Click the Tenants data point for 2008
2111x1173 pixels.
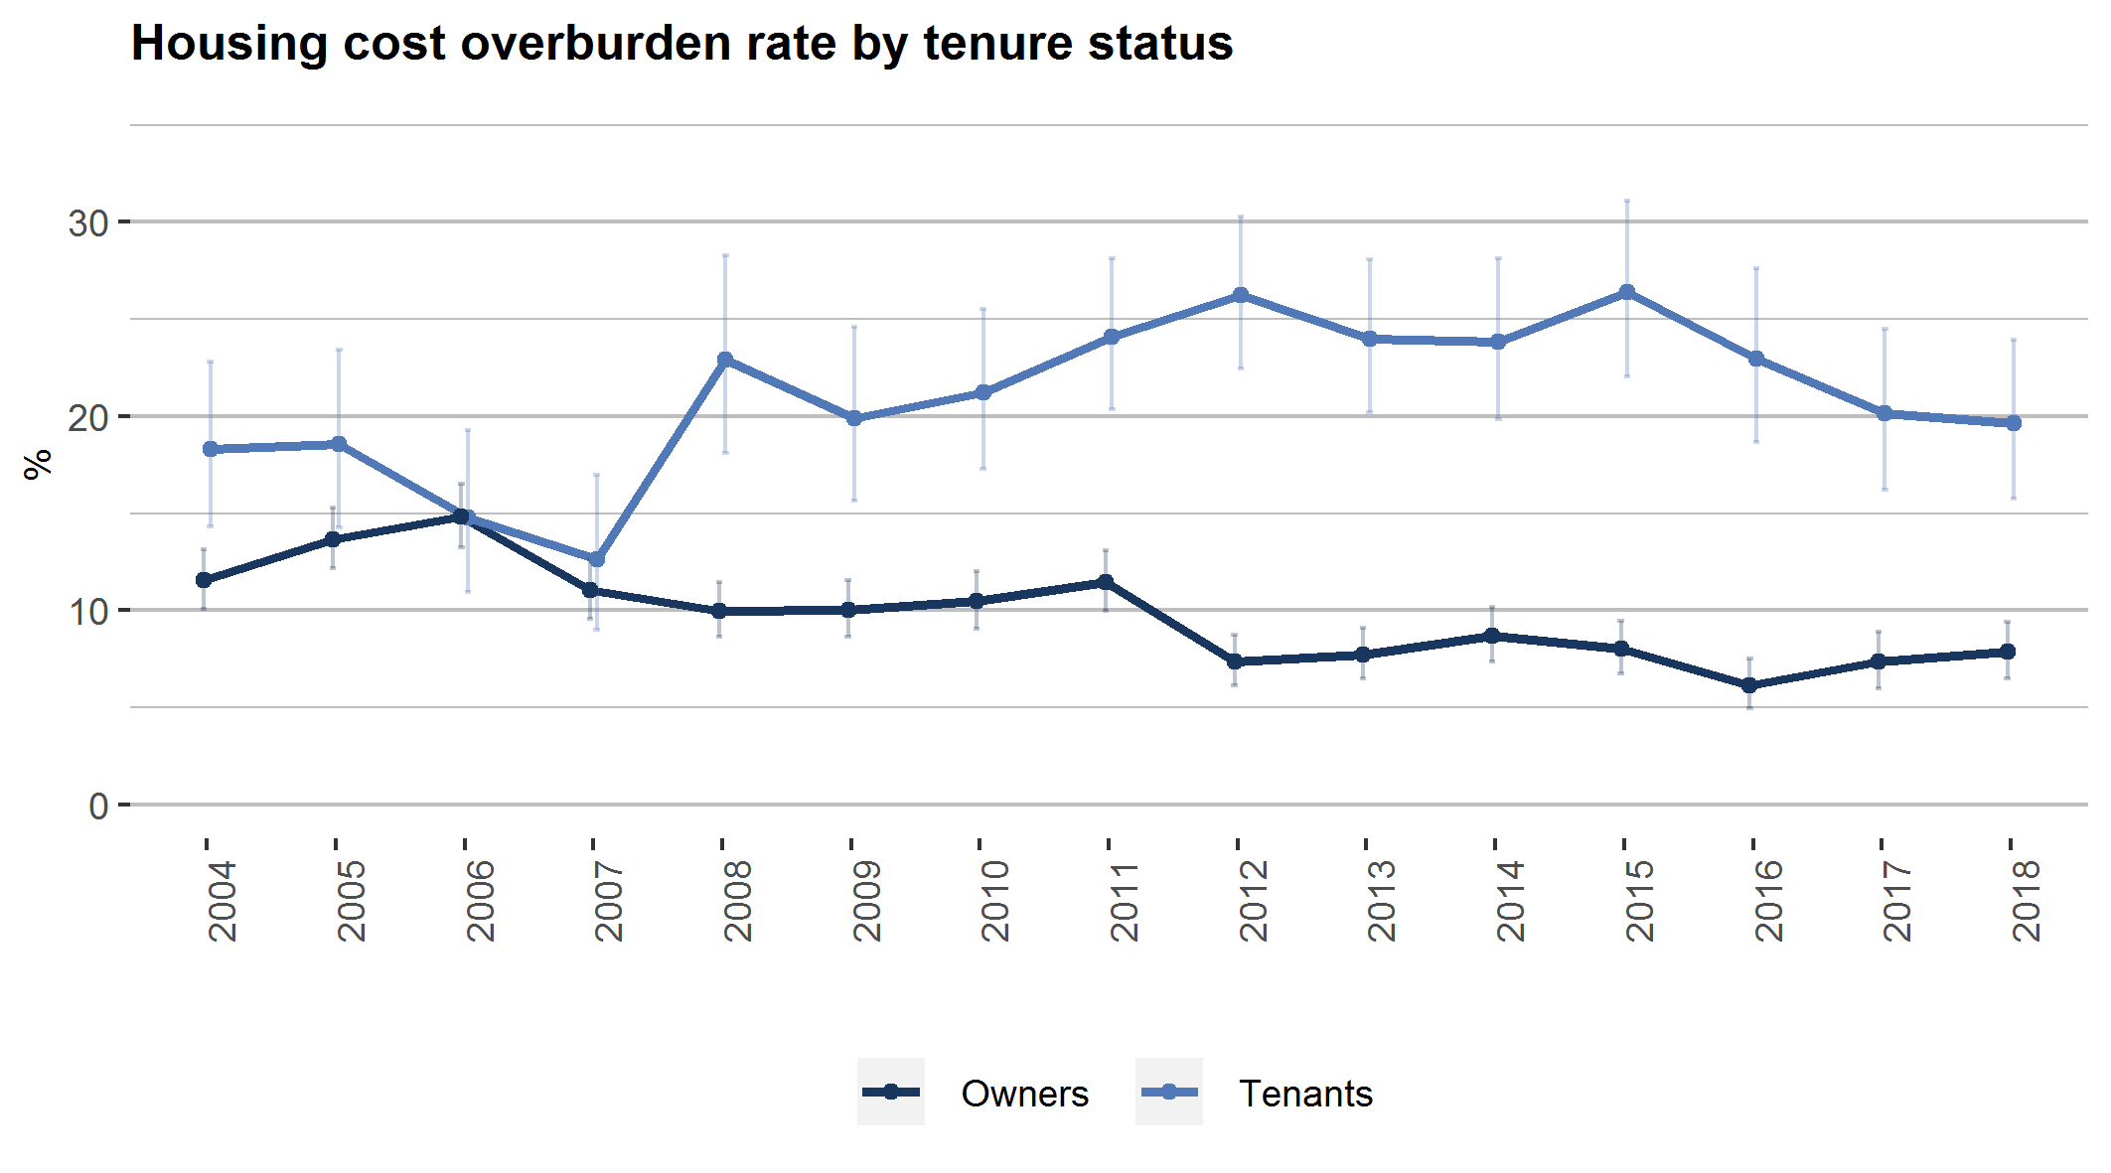725,360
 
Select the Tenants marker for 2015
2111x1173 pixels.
1627,292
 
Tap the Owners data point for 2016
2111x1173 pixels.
1749,685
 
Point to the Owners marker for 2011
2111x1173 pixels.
1106,582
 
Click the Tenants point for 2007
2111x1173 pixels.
597,559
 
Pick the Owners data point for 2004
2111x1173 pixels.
204,580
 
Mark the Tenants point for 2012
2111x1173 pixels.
1241,295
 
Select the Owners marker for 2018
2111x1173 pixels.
2008,652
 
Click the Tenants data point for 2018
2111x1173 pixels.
2014,423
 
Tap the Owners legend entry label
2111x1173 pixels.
1024,1094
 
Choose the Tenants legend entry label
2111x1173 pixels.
1305,1094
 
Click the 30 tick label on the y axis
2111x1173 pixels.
88,223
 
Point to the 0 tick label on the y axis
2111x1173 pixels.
98,806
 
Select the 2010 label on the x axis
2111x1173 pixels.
994,901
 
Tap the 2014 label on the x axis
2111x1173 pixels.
1510,901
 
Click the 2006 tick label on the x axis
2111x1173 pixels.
480,901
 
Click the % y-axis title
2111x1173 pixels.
38,464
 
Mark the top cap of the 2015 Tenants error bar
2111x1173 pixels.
1627,201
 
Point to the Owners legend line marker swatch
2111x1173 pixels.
891,1093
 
